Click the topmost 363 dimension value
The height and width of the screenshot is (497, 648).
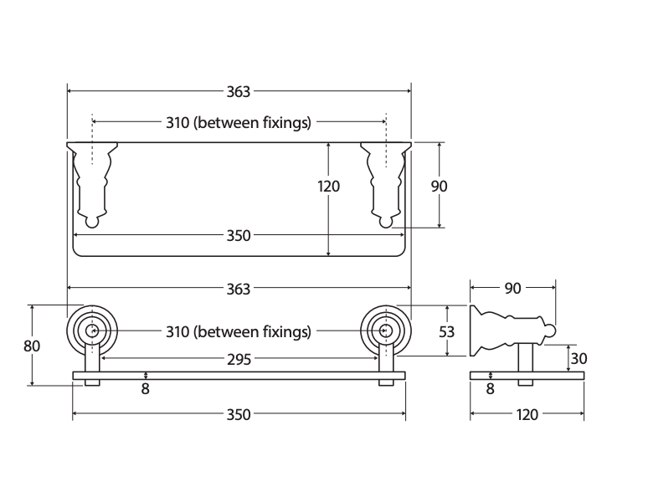pos(239,91)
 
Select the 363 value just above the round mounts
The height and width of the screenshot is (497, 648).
pos(239,289)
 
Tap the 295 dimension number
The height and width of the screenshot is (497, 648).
pos(239,360)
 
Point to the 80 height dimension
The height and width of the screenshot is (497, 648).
pos(32,346)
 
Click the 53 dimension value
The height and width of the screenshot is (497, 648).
pos(447,331)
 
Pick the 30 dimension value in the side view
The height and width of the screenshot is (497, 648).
pos(579,359)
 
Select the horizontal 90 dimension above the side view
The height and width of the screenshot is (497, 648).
pos(512,289)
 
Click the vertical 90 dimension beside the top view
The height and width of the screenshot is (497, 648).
pos(439,187)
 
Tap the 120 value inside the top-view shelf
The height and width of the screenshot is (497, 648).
pos(328,187)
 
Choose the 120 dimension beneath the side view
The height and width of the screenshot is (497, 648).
pos(527,414)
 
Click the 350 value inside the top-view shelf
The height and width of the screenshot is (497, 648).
pos(239,235)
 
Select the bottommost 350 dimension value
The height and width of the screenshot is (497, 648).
pos(239,414)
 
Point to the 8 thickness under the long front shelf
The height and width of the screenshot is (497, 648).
pos(145,389)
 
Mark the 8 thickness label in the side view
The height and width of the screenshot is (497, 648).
pos(490,389)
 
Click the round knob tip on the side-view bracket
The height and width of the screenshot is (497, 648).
pos(551,331)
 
